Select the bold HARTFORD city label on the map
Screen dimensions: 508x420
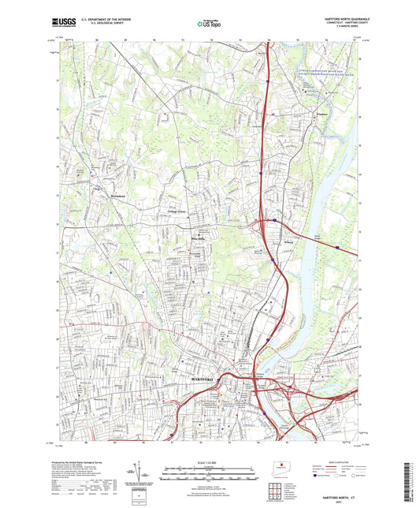203,379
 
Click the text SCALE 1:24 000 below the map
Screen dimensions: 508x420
210,461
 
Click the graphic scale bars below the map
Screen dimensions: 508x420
210,474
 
